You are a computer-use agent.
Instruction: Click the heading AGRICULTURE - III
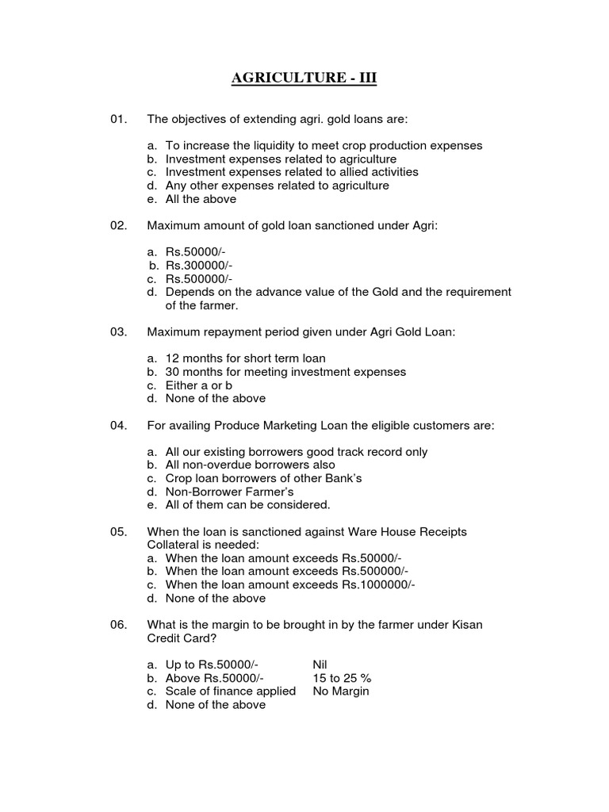[x=299, y=78]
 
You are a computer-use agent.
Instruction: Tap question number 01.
[x=119, y=119]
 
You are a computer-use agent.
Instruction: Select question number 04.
[x=119, y=426]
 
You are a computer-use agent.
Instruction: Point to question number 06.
[x=119, y=625]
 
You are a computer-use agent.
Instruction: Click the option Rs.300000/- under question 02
[x=199, y=266]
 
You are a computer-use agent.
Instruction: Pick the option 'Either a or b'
[x=198, y=385]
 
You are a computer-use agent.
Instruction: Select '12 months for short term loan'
[x=245, y=358]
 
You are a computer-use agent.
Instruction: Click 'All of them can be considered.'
[x=247, y=504]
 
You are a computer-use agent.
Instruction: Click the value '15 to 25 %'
[x=342, y=678]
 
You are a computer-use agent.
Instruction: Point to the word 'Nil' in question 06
[x=320, y=665]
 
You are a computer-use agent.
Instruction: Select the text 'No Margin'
[x=341, y=691]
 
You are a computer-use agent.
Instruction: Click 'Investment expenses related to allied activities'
[x=291, y=172]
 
